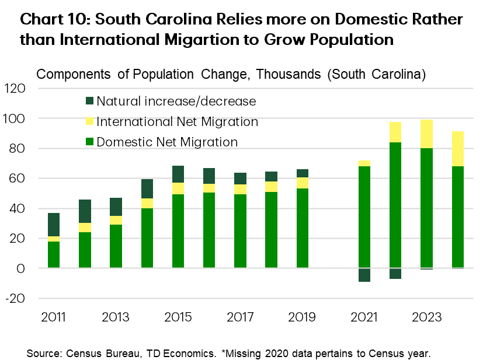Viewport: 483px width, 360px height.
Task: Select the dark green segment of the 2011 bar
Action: [54, 225]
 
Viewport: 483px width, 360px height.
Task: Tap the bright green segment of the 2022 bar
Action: [395, 204]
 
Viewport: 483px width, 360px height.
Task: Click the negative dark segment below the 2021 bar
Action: [364, 275]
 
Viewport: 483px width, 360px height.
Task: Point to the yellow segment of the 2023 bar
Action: [426, 134]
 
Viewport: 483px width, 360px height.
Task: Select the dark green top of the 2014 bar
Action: [147, 188]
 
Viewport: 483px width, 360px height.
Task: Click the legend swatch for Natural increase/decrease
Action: [89, 101]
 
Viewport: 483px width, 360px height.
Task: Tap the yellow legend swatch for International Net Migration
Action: [89, 122]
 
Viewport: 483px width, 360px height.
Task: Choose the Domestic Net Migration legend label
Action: [167, 142]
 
